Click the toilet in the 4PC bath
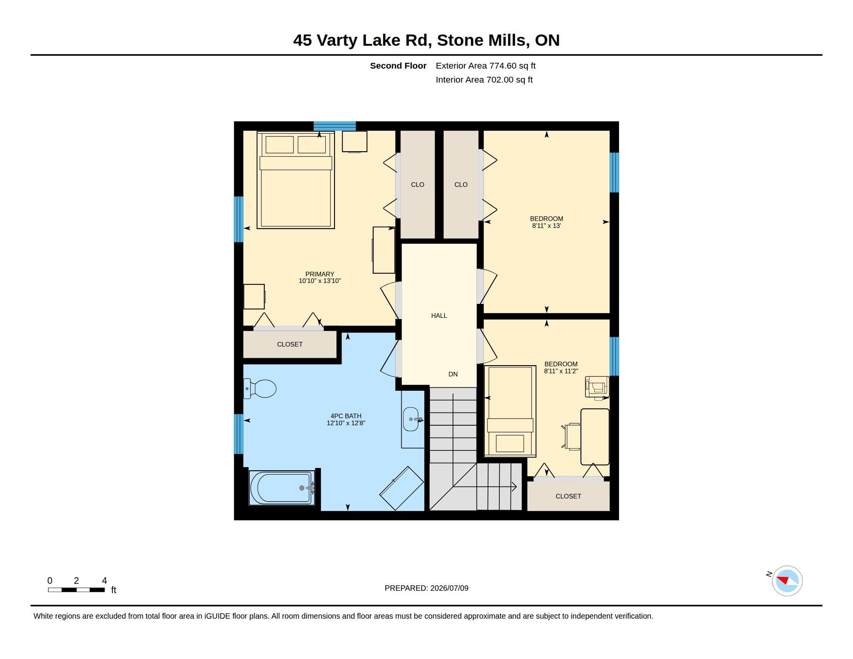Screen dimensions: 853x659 click(260, 388)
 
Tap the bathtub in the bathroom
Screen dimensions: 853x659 click(282, 488)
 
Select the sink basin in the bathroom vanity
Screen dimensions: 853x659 click(411, 419)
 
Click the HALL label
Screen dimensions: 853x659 click(439, 316)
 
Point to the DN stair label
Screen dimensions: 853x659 click(453, 374)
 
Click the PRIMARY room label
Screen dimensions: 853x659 click(320, 274)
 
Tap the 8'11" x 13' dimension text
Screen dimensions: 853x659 click(546, 226)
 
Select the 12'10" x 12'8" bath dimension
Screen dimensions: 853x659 click(346, 423)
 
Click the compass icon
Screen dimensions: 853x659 click(787, 581)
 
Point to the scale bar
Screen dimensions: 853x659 click(76, 590)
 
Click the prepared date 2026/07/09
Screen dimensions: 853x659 click(449, 588)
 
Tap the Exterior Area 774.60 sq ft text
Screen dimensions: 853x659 click(485, 66)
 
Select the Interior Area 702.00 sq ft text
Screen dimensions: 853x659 click(484, 79)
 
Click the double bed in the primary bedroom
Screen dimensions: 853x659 click(296, 180)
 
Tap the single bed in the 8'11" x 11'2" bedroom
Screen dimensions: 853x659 click(510, 411)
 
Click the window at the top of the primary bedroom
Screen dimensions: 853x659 click(335, 126)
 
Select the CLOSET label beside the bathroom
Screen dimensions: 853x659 click(290, 344)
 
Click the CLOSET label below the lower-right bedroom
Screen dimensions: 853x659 click(568, 496)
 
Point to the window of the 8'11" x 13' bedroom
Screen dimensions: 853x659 click(615, 173)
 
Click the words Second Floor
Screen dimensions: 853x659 click(398, 66)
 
